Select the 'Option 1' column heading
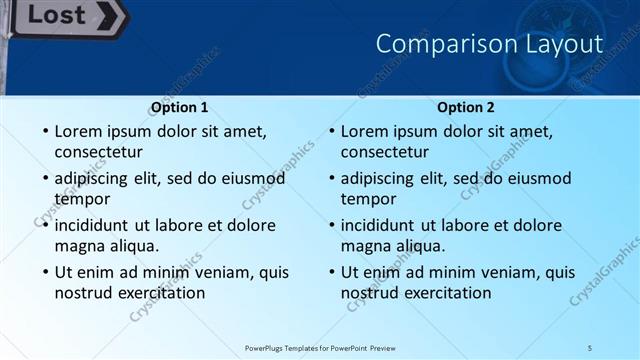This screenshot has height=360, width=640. pyautogui.click(x=179, y=107)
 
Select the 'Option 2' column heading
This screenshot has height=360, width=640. pyautogui.click(x=466, y=107)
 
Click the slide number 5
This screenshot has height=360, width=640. pyautogui.click(x=590, y=347)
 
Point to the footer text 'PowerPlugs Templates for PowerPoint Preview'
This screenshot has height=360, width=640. pyautogui.click(x=320, y=347)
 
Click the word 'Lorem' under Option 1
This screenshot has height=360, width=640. pyautogui.click(x=79, y=131)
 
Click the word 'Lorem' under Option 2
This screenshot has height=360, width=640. pyautogui.click(x=366, y=131)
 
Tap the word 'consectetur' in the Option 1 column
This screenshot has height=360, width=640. pyautogui.click(x=98, y=152)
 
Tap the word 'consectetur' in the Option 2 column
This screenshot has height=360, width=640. pyautogui.click(x=385, y=152)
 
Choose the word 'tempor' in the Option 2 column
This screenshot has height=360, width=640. pyautogui.click(x=368, y=199)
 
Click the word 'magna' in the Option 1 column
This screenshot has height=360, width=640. pyautogui.click(x=79, y=246)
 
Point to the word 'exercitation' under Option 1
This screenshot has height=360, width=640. pyautogui.click(x=162, y=293)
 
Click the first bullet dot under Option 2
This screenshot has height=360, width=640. pyautogui.click(x=331, y=132)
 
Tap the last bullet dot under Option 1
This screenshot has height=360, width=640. pyautogui.click(x=44, y=273)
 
